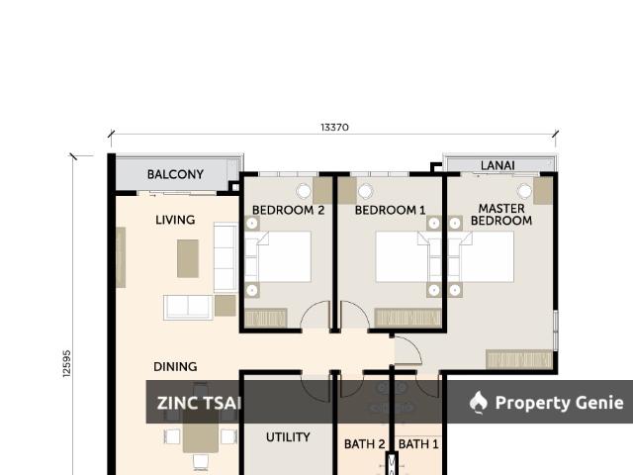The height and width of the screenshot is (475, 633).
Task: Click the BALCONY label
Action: pyautogui.click(x=175, y=174)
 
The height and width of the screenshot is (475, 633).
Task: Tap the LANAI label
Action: pyautogui.click(x=497, y=165)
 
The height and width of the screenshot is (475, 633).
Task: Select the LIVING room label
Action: pyautogui.click(x=175, y=220)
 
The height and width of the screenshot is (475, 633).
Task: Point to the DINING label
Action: pyautogui.click(x=175, y=366)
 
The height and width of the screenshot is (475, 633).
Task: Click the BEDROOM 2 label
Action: pyautogui.click(x=288, y=210)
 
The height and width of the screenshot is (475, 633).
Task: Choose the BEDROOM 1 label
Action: pyautogui.click(x=390, y=210)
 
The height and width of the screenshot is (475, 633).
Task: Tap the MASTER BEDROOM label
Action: pyautogui.click(x=500, y=215)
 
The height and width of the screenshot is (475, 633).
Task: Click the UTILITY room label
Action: pyautogui.click(x=288, y=436)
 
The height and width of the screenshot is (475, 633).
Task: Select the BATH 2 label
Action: pyautogui.click(x=364, y=444)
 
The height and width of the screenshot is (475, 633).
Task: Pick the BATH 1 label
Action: pyautogui.click(x=418, y=444)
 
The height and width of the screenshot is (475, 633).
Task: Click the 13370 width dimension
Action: pyautogui.click(x=334, y=128)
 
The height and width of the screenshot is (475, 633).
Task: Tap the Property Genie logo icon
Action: pyautogui.click(x=479, y=402)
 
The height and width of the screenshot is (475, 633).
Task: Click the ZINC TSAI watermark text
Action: pyautogui.click(x=198, y=403)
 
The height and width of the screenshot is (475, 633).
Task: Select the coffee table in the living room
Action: pyautogui.click(x=188, y=258)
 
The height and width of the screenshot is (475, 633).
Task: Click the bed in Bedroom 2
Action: pyautogui.click(x=279, y=257)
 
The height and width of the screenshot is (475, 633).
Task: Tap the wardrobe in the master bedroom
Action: pyautogui.click(x=519, y=359)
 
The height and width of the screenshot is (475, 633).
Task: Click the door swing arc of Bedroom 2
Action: pyautogui.click(x=316, y=315)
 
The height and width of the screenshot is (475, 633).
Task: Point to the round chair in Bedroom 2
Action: pyautogui.click(x=304, y=190)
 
